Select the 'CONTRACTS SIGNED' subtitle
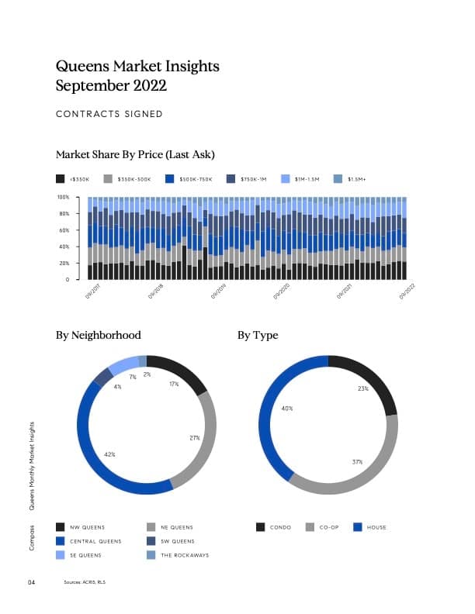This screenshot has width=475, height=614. (x=109, y=114)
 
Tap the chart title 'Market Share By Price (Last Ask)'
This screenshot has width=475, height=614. (x=136, y=153)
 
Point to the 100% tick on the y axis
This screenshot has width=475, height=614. (x=64, y=197)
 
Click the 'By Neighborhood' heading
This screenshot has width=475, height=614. (x=99, y=335)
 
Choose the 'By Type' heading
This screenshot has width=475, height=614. (x=258, y=335)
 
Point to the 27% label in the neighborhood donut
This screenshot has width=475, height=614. (x=195, y=438)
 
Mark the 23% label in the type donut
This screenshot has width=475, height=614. (x=363, y=388)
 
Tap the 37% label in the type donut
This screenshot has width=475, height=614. (x=357, y=461)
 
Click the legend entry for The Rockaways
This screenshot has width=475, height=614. (x=184, y=555)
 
